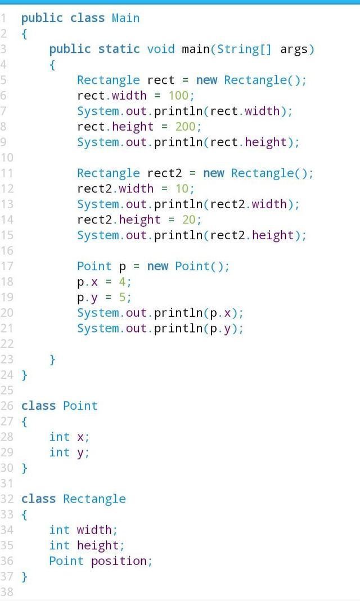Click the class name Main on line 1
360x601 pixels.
click(125, 18)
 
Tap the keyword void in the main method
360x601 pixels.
click(161, 49)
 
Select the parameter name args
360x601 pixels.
click(294, 49)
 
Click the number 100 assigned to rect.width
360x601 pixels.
click(178, 95)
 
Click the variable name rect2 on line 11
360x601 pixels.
click(164, 173)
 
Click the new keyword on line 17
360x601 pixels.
click(157, 266)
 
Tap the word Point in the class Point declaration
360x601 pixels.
click(80, 406)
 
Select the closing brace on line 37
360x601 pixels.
click(24, 576)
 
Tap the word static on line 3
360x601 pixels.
click(119, 49)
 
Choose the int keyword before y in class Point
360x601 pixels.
click(59, 452)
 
